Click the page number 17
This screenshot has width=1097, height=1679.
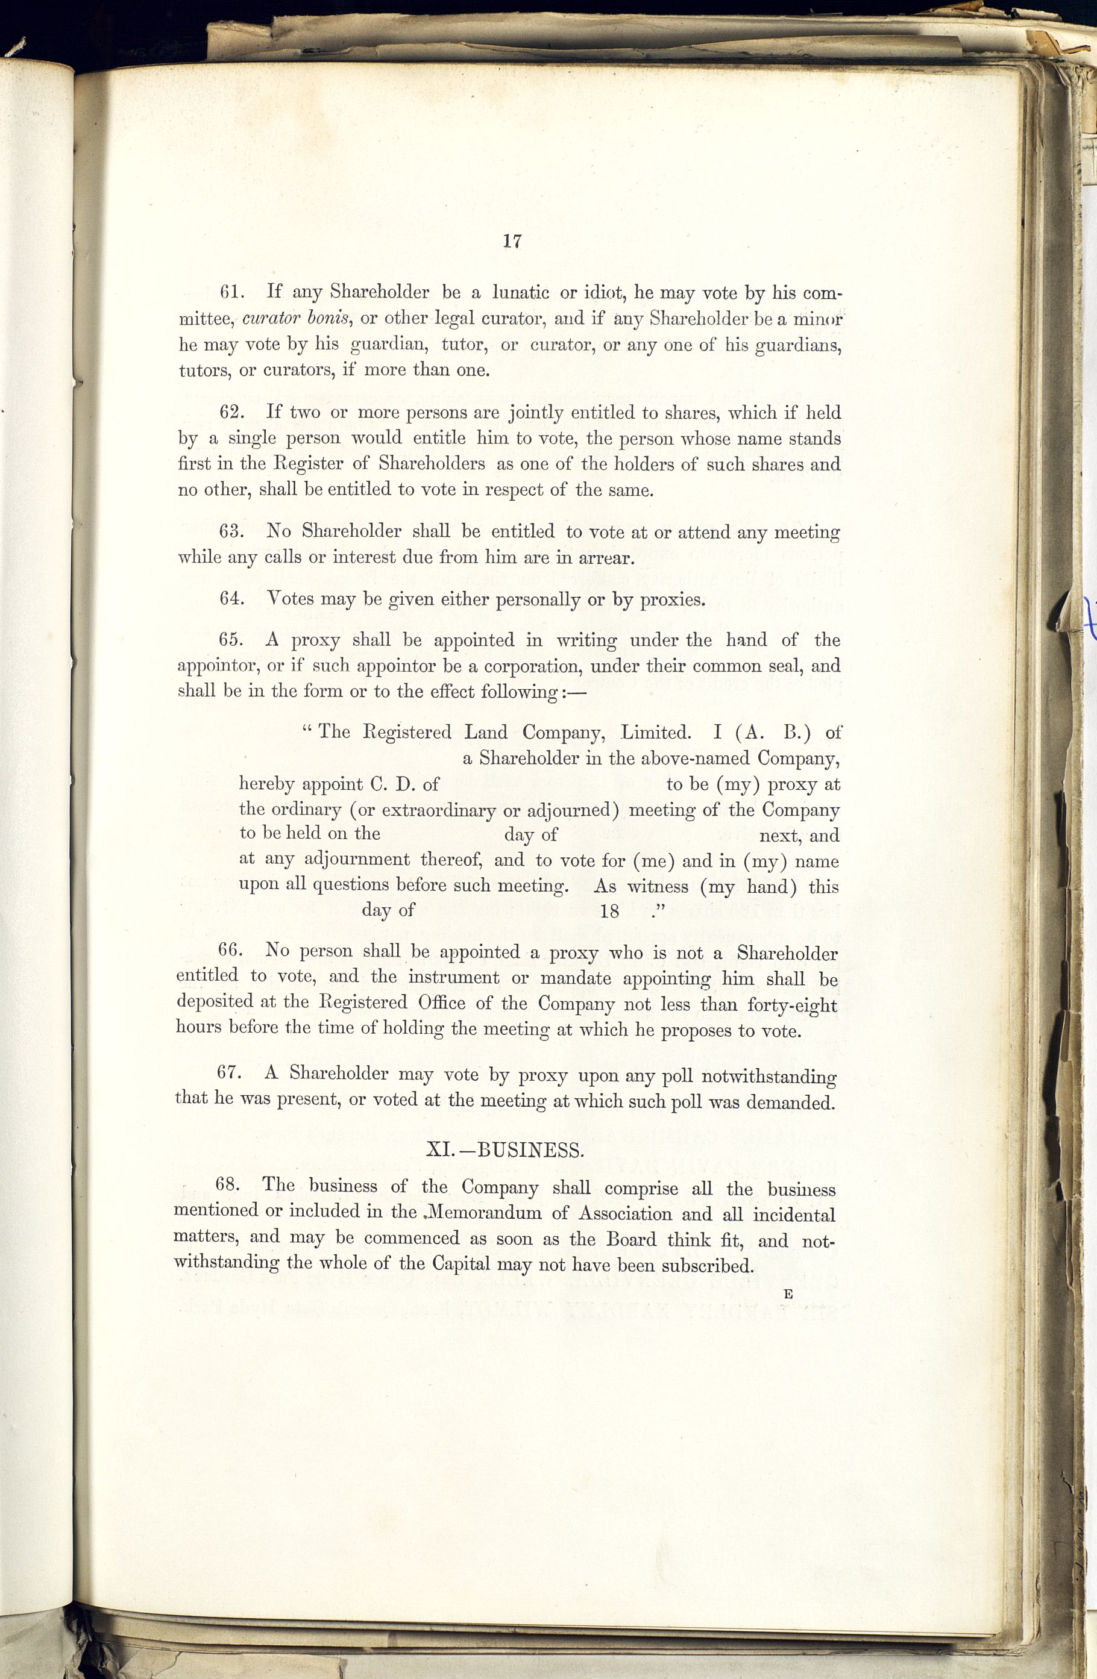click(512, 241)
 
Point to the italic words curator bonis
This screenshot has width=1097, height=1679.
click(297, 318)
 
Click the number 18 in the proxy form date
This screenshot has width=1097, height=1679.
click(609, 911)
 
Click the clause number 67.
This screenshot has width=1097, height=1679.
click(231, 1073)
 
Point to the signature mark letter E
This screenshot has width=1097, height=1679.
click(788, 1294)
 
